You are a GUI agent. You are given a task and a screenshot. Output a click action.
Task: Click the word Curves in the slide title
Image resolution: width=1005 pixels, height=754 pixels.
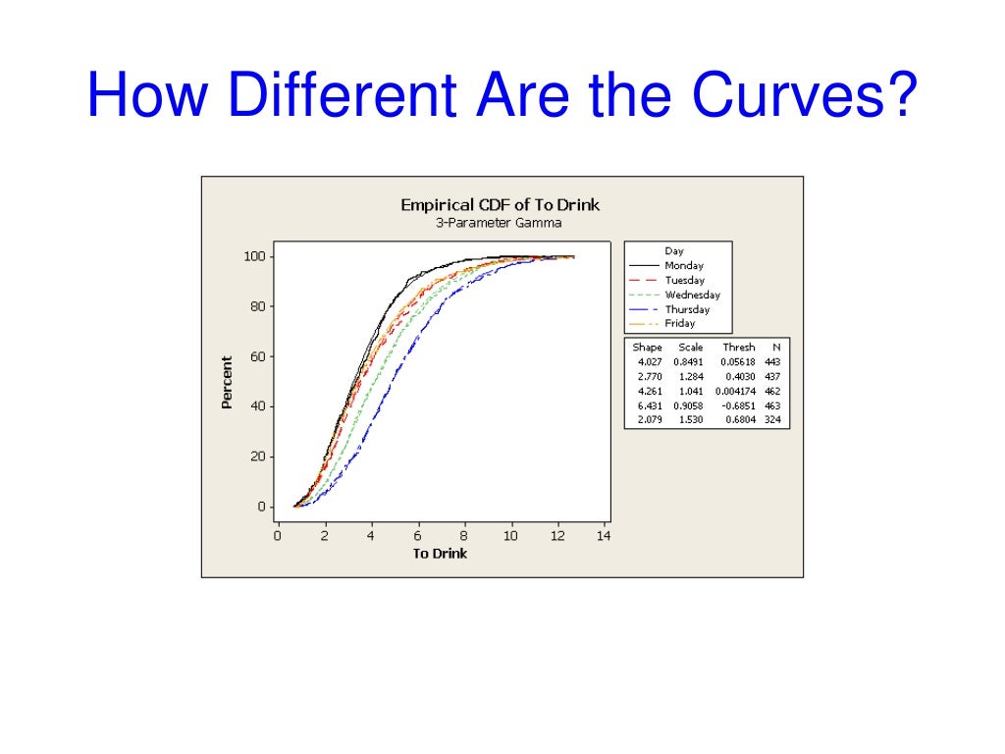click(x=805, y=96)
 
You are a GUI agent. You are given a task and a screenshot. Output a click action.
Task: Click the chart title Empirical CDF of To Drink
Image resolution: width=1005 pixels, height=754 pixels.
click(x=500, y=204)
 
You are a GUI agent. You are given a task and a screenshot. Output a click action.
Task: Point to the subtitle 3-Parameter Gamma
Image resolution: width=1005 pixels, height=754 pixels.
click(x=500, y=223)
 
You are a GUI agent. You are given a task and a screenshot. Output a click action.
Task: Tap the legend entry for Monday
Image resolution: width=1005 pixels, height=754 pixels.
click(x=684, y=265)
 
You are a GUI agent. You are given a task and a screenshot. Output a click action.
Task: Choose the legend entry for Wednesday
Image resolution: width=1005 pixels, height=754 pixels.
click(x=692, y=295)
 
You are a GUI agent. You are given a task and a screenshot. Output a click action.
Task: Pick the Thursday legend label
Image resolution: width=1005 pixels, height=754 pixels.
click(x=687, y=309)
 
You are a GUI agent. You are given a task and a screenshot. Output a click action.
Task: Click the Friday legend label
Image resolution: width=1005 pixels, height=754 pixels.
click(x=679, y=323)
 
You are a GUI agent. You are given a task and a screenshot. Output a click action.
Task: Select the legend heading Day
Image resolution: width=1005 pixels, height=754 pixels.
click(x=674, y=251)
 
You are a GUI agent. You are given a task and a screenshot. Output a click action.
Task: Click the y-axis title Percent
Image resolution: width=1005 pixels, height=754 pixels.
click(x=227, y=382)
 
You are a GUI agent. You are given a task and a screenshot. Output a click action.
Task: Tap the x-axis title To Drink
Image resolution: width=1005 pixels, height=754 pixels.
click(x=440, y=554)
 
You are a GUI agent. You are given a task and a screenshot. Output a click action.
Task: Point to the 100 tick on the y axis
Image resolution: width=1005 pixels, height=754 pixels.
click(x=254, y=256)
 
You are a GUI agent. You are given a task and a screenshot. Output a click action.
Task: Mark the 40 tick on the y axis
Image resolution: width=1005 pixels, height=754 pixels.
click(x=258, y=406)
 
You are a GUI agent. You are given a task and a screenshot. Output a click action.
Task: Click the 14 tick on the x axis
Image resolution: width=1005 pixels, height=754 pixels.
click(x=603, y=536)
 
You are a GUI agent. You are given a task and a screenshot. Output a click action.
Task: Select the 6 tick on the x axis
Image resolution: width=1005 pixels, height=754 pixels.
click(x=418, y=536)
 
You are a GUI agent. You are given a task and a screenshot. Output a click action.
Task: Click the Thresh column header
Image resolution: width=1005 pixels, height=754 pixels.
click(x=739, y=348)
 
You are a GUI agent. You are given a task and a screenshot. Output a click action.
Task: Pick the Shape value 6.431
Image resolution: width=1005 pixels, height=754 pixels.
click(x=648, y=405)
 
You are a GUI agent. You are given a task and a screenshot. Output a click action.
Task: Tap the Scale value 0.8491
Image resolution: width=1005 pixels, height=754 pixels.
click(x=689, y=362)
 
